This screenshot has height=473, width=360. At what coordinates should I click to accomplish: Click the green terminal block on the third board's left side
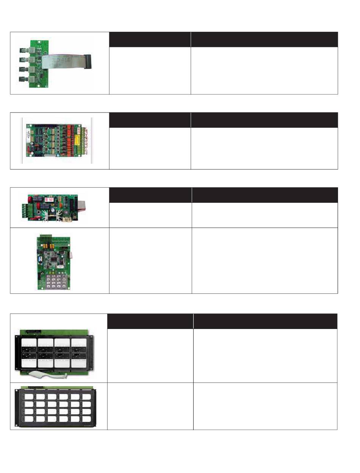coord(28,210)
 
